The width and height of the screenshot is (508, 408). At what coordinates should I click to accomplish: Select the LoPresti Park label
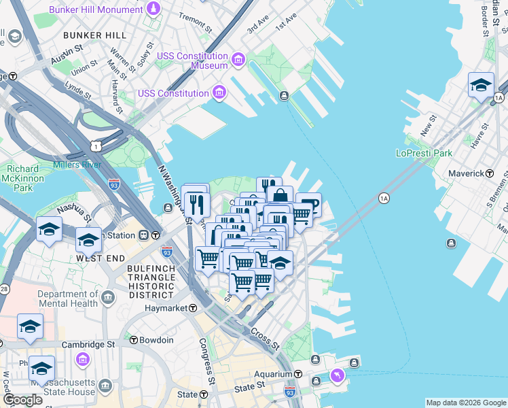[x=424, y=153]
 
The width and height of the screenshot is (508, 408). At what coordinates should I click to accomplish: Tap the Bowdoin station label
[x=158, y=340]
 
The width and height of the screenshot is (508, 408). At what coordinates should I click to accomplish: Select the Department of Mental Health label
[x=68, y=299]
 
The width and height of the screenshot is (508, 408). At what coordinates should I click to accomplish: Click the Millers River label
[x=77, y=165]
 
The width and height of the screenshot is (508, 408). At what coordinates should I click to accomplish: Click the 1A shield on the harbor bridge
[x=384, y=198]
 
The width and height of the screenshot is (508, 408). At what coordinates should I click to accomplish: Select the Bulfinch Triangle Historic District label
[x=150, y=282]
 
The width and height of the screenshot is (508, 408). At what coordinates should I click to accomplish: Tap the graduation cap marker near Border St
[x=481, y=86]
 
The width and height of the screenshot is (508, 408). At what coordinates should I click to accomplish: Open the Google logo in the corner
[x=22, y=400]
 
